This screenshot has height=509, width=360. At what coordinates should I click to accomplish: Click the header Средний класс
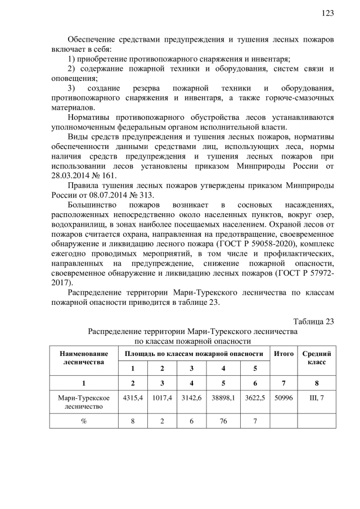(x=316, y=358)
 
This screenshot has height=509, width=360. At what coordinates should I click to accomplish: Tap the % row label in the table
(x=83, y=421)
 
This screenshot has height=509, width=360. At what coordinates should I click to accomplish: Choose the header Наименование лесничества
(x=83, y=358)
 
